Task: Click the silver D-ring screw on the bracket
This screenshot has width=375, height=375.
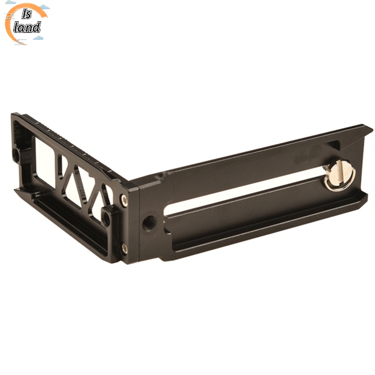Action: [339, 175]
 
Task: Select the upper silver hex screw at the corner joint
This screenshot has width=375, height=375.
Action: [124, 200]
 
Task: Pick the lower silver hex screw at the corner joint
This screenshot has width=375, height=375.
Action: [125, 249]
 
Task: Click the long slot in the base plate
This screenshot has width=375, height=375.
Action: [244, 192]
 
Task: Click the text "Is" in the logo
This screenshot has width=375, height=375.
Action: [27, 14]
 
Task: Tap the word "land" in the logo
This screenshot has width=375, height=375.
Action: [27, 28]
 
